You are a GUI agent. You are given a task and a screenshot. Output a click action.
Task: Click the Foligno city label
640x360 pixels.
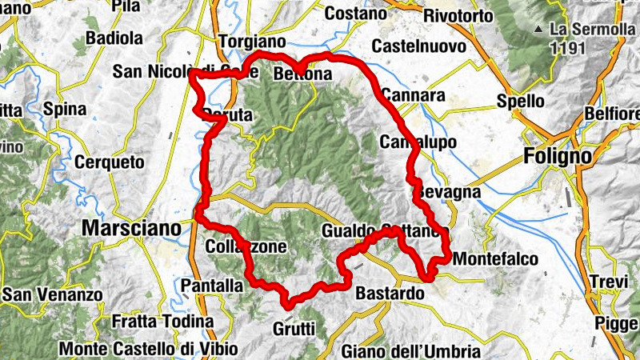click(x=558, y=156)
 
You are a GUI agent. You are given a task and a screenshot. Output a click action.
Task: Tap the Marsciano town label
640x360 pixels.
click(x=131, y=229)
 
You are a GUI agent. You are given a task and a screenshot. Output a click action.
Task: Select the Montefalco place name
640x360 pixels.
click(x=495, y=259)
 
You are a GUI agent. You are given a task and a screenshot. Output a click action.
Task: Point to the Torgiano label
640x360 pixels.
click(x=252, y=42)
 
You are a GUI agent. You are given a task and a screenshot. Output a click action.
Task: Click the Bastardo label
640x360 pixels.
click(x=390, y=294)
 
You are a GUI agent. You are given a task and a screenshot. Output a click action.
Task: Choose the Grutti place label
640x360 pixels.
click(x=294, y=328)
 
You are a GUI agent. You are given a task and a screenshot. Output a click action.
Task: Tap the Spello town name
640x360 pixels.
click(x=521, y=102)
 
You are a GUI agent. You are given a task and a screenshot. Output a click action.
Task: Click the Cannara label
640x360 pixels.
click(x=413, y=95)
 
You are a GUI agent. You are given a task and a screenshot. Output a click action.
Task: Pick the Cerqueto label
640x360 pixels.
click(x=109, y=162)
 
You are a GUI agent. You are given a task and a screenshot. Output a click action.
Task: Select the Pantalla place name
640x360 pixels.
click(x=212, y=286)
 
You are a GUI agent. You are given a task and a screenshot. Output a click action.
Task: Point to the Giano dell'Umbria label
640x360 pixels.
click(x=410, y=350)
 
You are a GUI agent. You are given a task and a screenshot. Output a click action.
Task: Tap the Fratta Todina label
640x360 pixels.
click(x=162, y=322)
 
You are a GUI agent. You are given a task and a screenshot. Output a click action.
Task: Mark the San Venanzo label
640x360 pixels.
click(x=52, y=295)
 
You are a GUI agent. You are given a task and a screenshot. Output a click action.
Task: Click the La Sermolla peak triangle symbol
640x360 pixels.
click(x=539, y=29)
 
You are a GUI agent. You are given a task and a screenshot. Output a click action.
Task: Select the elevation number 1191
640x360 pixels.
click(x=567, y=47)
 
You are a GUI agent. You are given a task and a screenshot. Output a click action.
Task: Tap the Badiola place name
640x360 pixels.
click(x=114, y=38)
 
